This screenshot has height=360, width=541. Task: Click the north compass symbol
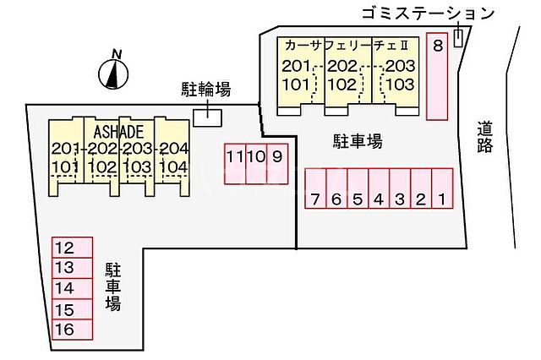[x=112, y=74]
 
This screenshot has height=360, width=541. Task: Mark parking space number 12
[x=63, y=248]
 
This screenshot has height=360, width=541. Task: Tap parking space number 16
[x=63, y=330]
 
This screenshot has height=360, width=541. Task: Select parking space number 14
[x=63, y=288]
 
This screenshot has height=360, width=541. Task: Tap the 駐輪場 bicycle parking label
[x=206, y=89]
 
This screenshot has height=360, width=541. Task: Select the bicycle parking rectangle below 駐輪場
[x=206, y=117]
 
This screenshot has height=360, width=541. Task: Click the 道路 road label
[x=485, y=137]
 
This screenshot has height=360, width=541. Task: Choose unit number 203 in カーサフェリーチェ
[x=401, y=67]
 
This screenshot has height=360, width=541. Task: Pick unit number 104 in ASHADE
[x=172, y=166]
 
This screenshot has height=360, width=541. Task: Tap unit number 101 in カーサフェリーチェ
[x=297, y=84]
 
